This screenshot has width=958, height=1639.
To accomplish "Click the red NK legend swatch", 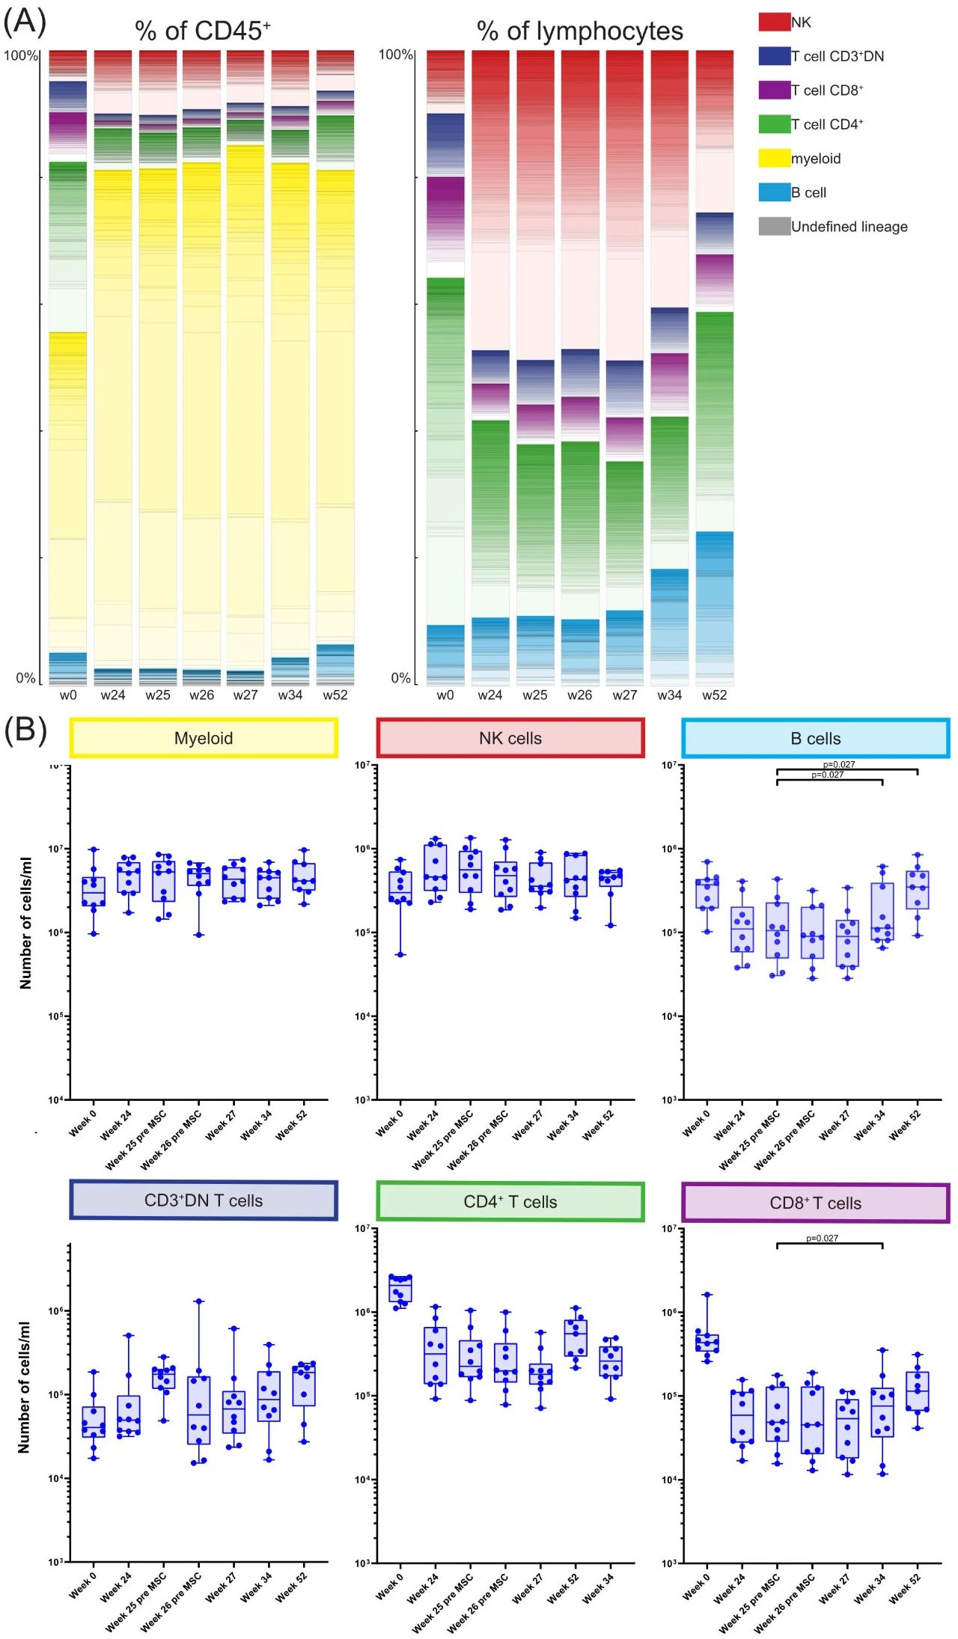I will [774, 22].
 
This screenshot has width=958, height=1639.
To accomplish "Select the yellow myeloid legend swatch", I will [774, 158].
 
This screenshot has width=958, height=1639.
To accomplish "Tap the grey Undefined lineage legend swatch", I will [774, 226].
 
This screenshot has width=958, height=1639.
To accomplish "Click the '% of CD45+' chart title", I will [202, 31].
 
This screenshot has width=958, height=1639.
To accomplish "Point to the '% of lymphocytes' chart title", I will [579, 31].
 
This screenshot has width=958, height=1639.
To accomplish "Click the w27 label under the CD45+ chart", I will [245, 695].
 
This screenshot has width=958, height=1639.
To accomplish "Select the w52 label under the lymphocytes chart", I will [714, 695].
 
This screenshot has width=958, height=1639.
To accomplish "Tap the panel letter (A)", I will [25, 22].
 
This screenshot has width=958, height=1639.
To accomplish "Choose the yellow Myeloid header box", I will [204, 738].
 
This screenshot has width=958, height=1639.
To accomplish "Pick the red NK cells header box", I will [510, 738].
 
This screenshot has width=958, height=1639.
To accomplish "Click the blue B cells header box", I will [816, 738].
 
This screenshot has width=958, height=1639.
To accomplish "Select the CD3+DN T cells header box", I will [204, 1200].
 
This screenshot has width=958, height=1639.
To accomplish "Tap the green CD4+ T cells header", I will [510, 1201].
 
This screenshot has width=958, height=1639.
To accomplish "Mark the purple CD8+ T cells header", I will [816, 1203].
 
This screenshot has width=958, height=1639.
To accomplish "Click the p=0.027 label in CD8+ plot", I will [822, 1238].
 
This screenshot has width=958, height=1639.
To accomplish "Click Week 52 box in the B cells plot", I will [918, 890].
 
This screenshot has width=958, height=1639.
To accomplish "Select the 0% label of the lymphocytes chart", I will [400, 678].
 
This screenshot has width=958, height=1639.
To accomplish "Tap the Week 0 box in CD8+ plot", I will [707, 1343].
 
